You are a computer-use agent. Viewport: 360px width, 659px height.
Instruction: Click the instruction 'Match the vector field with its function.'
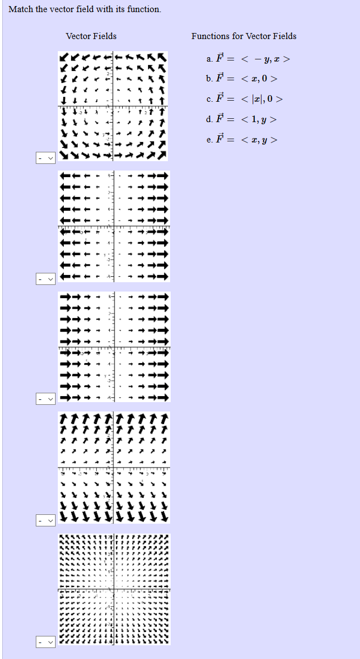[x=85, y=9]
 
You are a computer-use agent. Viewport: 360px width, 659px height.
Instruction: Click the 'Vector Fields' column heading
[x=91, y=36]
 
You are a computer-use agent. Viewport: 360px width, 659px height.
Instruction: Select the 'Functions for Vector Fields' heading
[x=244, y=36]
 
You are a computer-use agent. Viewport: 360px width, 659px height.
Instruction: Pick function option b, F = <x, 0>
[x=242, y=79]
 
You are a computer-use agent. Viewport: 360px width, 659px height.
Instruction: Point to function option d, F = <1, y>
[x=242, y=119]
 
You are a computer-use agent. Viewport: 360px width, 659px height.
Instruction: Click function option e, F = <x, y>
[x=242, y=140]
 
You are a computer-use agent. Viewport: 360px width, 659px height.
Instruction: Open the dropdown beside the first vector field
[x=46, y=158]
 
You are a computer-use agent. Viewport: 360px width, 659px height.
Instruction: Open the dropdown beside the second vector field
[x=46, y=279]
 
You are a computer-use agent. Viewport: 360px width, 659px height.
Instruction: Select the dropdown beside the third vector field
[x=46, y=398]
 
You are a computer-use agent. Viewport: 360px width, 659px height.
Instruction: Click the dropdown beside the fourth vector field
[x=46, y=519]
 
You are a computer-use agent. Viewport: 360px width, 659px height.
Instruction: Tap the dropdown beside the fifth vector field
[x=46, y=641]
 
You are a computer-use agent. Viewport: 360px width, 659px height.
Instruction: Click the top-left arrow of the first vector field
[x=64, y=57]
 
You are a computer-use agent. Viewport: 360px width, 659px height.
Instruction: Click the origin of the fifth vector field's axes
[x=114, y=590]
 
